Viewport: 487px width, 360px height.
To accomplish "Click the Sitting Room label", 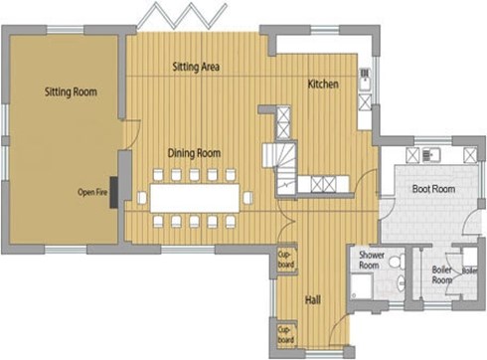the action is coord(71,91).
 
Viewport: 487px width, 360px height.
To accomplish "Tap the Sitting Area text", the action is coord(196,67).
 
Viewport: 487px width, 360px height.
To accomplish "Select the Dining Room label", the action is coord(194,153).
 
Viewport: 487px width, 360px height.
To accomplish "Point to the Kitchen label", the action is coord(323,84).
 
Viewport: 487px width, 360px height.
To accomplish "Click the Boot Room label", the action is coord(433,189).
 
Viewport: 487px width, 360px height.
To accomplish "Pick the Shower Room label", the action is coord(372,261).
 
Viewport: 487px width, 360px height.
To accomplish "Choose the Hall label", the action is coord(313,300).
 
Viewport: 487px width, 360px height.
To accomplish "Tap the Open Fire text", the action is coord(92,192).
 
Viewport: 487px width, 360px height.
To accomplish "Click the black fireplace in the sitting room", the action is coord(114,193).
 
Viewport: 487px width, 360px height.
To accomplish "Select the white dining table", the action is coord(195,198).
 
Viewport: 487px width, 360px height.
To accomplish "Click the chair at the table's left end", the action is coord(142,198).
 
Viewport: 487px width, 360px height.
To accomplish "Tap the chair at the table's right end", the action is coord(247,198).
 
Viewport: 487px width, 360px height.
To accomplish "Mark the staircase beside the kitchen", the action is coord(280,167).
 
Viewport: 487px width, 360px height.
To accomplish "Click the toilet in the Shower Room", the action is coord(398,262).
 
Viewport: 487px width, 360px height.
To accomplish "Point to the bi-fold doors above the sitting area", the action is coord(182,16).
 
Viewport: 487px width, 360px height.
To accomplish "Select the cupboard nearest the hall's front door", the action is coord(287,335).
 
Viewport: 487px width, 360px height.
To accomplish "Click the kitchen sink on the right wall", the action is coord(365,80).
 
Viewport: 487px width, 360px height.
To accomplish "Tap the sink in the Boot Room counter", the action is coord(431,155).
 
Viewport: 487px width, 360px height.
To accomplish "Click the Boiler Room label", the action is coord(442,274).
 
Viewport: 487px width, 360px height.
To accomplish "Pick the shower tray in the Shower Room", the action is coord(362,285).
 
